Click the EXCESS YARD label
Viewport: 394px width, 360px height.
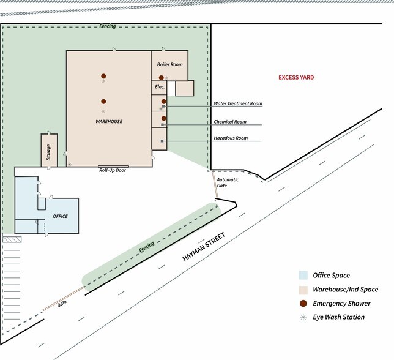pyautogui.click(x=296, y=77)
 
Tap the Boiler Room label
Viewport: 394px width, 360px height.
pyautogui.click(x=169, y=64)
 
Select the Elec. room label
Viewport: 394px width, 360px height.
pyautogui.click(x=160, y=87)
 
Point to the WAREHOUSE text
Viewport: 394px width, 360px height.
pyautogui.click(x=109, y=121)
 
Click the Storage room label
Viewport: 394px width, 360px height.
pyautogui.click(x=48, y=152)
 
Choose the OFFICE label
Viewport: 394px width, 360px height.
pyautogui.click(x=61, y=216)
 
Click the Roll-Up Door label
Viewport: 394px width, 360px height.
pyautogui.click(x=113, y=170)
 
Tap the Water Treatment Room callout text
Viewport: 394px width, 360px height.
pyautogui.click(x=238, y=103)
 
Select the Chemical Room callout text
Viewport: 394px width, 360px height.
pyautogui.click(x=230, y=122)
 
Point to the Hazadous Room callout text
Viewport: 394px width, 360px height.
pyautogui.click(x=231, y=138)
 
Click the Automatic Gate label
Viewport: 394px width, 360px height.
pyautogui.click(x=228, y=182)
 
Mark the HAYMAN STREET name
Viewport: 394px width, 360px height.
pyautogui.click(x=204, y=247)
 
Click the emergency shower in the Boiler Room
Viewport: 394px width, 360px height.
pyautogui.click(x=162, y=78)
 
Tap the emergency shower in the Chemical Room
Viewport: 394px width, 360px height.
pyautogui.click(x=164, y=118)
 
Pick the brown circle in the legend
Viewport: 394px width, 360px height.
pyautogui.click(x=303, y=304)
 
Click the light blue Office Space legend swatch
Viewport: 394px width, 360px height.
pyautogui.click(x=303, y=276)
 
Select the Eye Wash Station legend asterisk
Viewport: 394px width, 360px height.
pyautogui.click(x=303, y=317)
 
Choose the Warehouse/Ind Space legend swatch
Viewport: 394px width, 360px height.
pyautogui.click(x=303, y=290)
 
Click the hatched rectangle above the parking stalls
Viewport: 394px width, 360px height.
pyautogui.click(x=12, y=239)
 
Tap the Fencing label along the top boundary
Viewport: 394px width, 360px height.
pyautogui.click(x=108, y=26)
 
